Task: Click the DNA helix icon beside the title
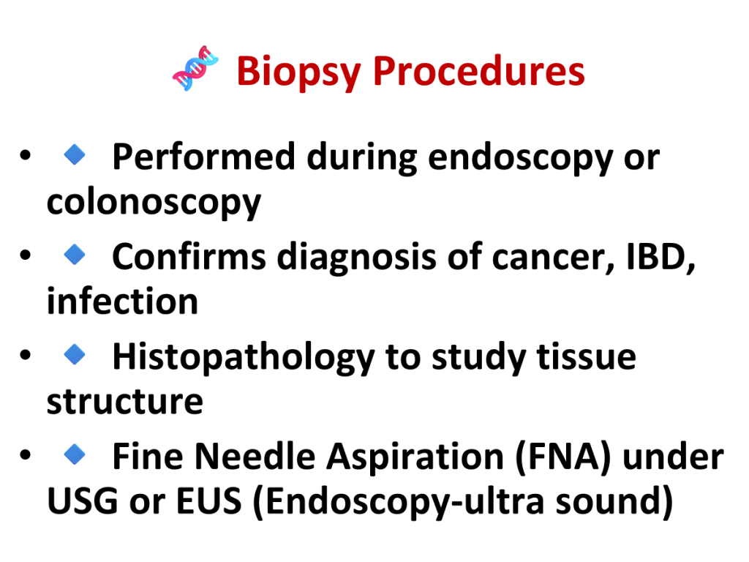click(x=195, y=68)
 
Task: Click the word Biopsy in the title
click(x=298, y=72)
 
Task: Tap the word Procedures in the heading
click(x=478, y=71)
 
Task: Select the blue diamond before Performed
click(x=75, y=155)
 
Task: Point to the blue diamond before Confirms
click(x=75, y=254)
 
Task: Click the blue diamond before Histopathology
click(x=75, y=355)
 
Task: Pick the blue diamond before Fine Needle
click(x=75, y=454)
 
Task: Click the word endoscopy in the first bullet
click(x=520, y=159)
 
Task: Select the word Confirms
click(x=189, y=257)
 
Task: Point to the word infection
click(x=122, y=301)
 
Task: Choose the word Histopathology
click(x=244, y=358)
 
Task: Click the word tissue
click(x=587, y=357)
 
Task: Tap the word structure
click(x=125, y=402)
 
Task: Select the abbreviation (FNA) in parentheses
click(x=564, y=457)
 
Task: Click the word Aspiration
click(x=415, y=457)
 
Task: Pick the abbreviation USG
click(x=83, y=501)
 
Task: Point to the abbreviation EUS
click(x=208, y=501)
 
